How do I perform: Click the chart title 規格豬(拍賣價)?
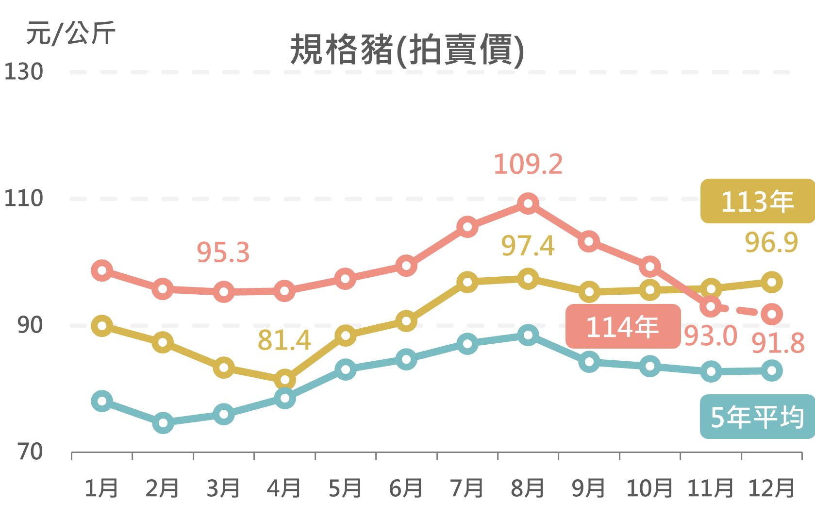tap(407, 50)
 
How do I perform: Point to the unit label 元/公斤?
tap(71, 33)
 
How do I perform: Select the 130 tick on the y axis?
tap(23, 72)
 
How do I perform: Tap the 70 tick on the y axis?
tap(30, 452)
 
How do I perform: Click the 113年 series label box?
tap(757, 201)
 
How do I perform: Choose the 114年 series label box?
tap(623, 326)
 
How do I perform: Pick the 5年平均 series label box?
tap(757, 417)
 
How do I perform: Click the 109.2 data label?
tap(528, 164)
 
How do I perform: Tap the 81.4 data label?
tap(284, 340)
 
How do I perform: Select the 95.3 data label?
tap(223, 252)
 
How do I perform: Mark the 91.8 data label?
tap(778, 344)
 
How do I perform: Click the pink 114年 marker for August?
tap(528, 203)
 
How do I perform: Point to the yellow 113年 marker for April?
tap(284, 380)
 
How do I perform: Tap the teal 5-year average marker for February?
tap(163, 423)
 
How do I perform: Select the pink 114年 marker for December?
tap(772, 314)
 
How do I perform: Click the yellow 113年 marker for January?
tap(102, 325)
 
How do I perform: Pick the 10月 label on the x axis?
tap(649, 488)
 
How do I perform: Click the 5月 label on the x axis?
tap(345, 488)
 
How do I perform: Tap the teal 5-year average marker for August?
tap(528, 335)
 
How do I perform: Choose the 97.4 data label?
tap(528, 246)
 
